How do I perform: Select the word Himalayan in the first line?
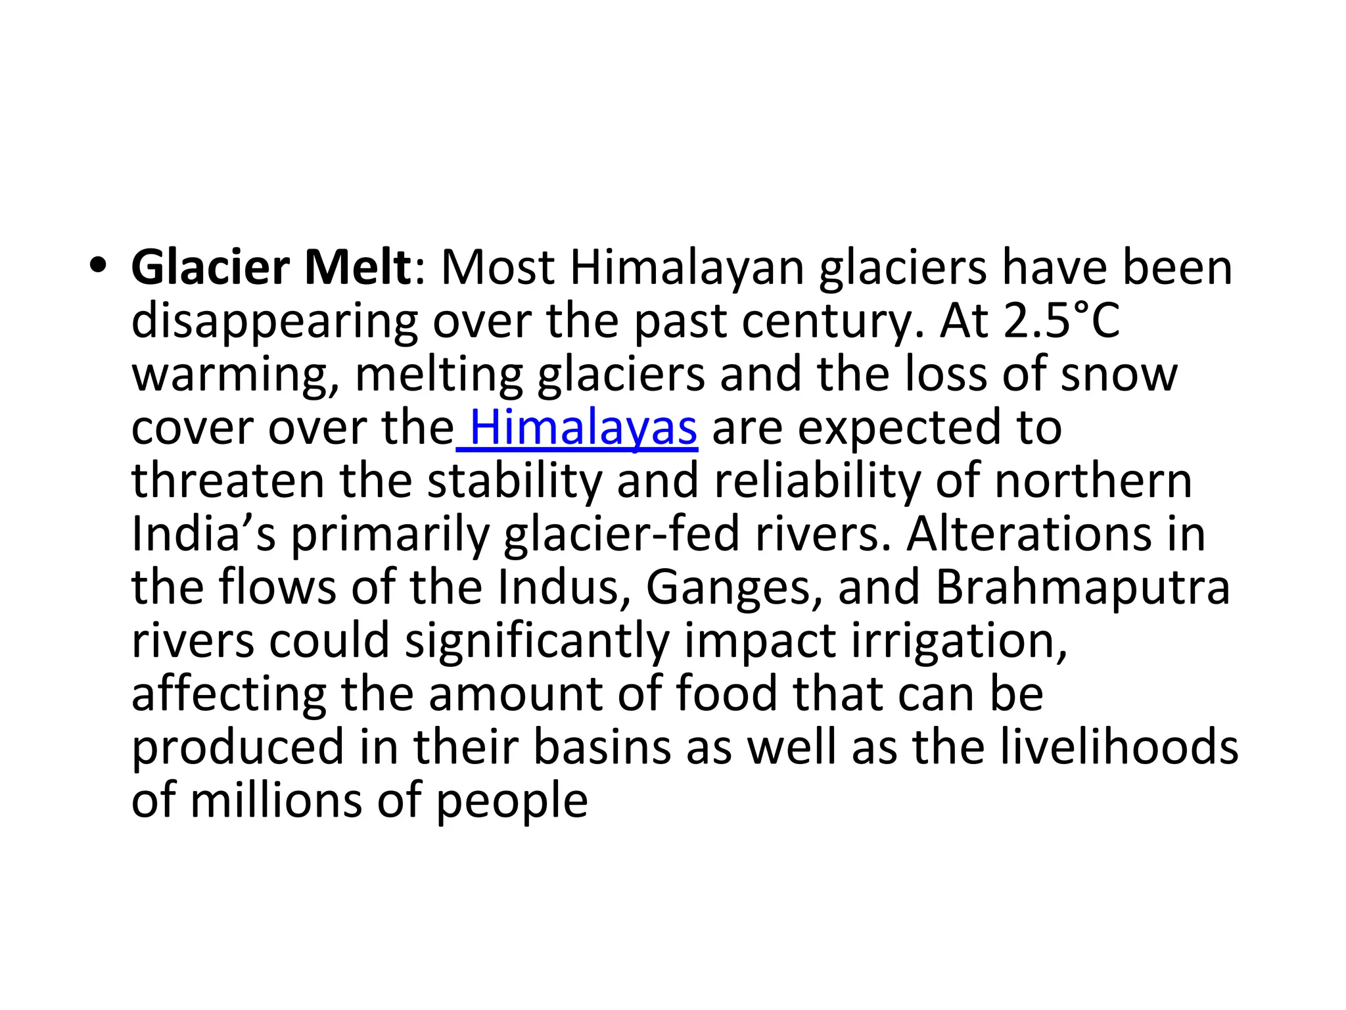(687, 270)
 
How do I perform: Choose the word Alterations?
(1029, 534)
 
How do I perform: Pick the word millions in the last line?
(276, 801)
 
